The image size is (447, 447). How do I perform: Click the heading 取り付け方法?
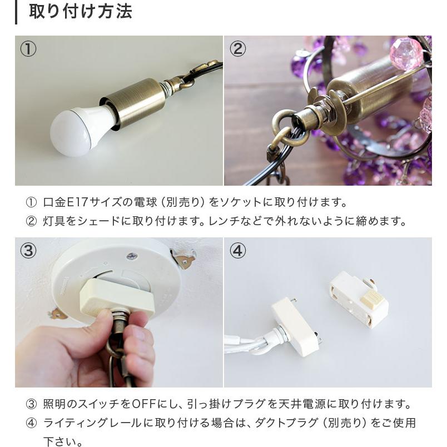80,11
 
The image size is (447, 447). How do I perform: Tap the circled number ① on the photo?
28,49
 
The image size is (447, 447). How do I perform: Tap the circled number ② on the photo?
237,49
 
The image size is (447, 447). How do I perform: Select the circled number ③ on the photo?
28,251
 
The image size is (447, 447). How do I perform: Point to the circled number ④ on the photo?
237,251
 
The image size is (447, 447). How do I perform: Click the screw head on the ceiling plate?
132,256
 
